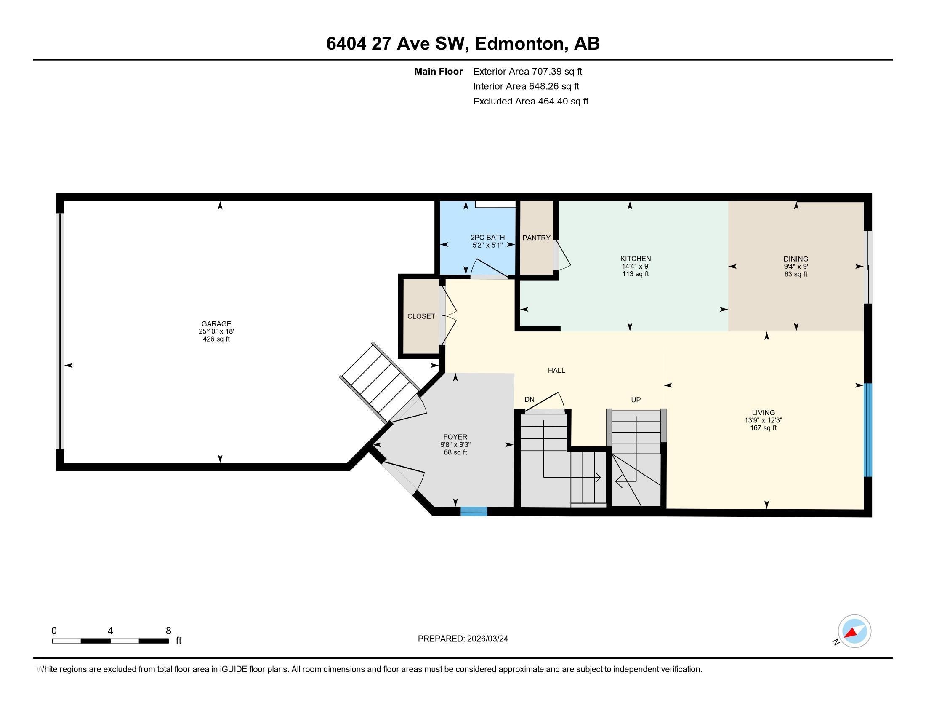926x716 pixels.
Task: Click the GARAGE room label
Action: tap(216, 323)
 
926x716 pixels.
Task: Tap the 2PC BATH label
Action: tap(487, 238)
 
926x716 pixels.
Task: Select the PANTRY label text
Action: tap(536, 238)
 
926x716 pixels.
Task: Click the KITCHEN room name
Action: tap(635, 259)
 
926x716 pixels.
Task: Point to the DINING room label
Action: tap(796, 259)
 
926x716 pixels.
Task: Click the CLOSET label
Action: tap(421, 316)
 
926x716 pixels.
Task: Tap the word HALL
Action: tap(556, 370)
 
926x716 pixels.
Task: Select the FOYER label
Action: tap(455, 437)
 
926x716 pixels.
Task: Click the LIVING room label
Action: tap(763, 413)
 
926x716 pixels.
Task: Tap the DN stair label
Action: tap(529, 400)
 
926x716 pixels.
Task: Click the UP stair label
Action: tap(636, 400)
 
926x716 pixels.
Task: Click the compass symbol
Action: tap(854, 631)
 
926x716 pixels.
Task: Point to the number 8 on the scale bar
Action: tap(168, 631)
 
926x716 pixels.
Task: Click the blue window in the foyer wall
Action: tap(474, 512)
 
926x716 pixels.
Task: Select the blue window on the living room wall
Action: tap(868, 430)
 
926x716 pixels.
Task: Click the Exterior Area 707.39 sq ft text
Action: tap(527, 72)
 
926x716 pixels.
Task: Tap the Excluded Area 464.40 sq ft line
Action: tap(530, 102)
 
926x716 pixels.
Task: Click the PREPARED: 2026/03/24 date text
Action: tap(463, 639)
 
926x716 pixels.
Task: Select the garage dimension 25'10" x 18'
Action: tap(216, 331)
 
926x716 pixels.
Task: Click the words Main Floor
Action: tap(438, 72)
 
